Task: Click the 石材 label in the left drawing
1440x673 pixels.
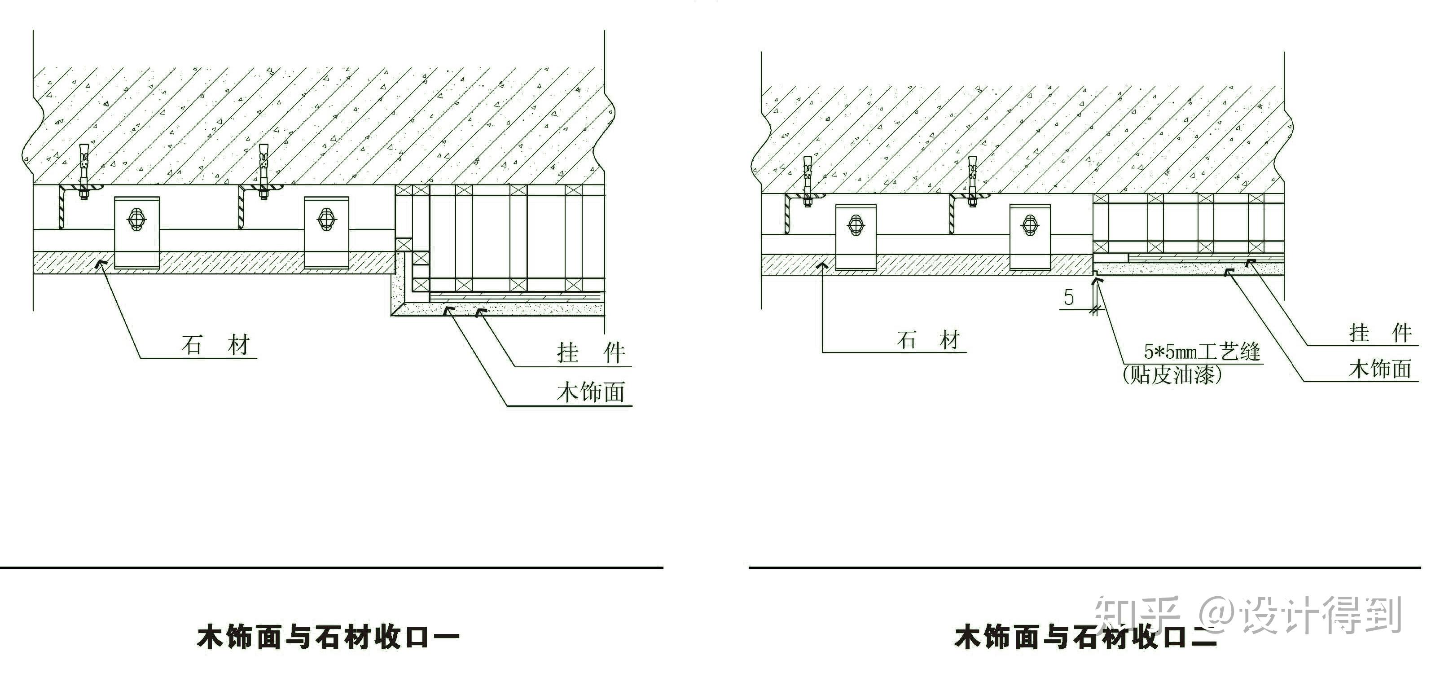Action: click(216, 345)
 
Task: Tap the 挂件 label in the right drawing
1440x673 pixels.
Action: click(1380, 333)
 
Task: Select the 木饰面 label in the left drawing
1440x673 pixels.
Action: click(590, 392)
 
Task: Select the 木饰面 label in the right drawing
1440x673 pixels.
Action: click(1380, 369)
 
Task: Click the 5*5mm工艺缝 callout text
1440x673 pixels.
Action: click(1202, 352)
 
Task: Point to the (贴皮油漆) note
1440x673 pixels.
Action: click(1172, 374)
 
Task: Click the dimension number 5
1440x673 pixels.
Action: click(1068, 297)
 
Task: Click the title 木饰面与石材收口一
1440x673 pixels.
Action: click(328, 637)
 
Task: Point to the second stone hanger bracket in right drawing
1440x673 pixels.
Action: click(1030, 237)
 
